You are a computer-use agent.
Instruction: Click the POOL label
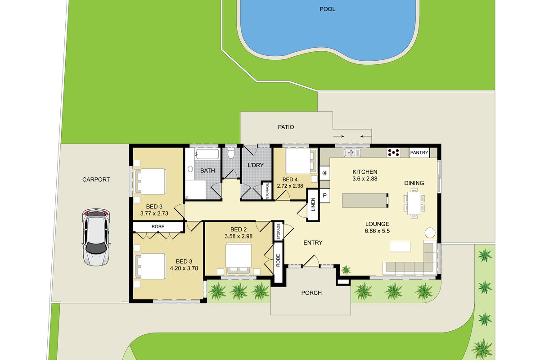click(x=327, y=9)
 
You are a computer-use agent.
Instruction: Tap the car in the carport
click(x=96, y=237)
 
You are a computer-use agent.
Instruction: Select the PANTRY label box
click(x=419, y=153)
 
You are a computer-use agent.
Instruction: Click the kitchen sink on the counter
click(x=352, y=153)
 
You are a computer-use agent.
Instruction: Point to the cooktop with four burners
click(x=393, y=153)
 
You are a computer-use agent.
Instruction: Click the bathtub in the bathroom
click(x=207, y=154)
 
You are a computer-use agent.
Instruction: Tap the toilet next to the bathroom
click(x=231, y=153)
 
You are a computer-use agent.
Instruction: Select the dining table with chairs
click(x=414, y=203)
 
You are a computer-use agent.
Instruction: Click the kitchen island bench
click(x=365, y=200)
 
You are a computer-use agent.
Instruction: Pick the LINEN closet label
click(x=313, y=204)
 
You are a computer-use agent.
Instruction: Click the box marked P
click(x=325, y=195)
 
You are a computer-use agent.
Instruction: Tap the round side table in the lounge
click(x=430, y=233)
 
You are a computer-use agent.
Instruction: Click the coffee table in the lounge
click(x=400, y=247)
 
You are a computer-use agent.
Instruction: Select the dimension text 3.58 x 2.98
click(x=238, y=236)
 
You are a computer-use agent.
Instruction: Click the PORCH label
click(x=311, y=293)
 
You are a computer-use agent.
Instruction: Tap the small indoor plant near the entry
click(x=346, y=270)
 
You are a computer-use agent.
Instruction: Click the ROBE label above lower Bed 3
click(x=158, y=227)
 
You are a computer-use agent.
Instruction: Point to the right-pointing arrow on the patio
click(x=338, y=136)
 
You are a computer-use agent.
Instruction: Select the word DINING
click(x=414, y=183)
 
